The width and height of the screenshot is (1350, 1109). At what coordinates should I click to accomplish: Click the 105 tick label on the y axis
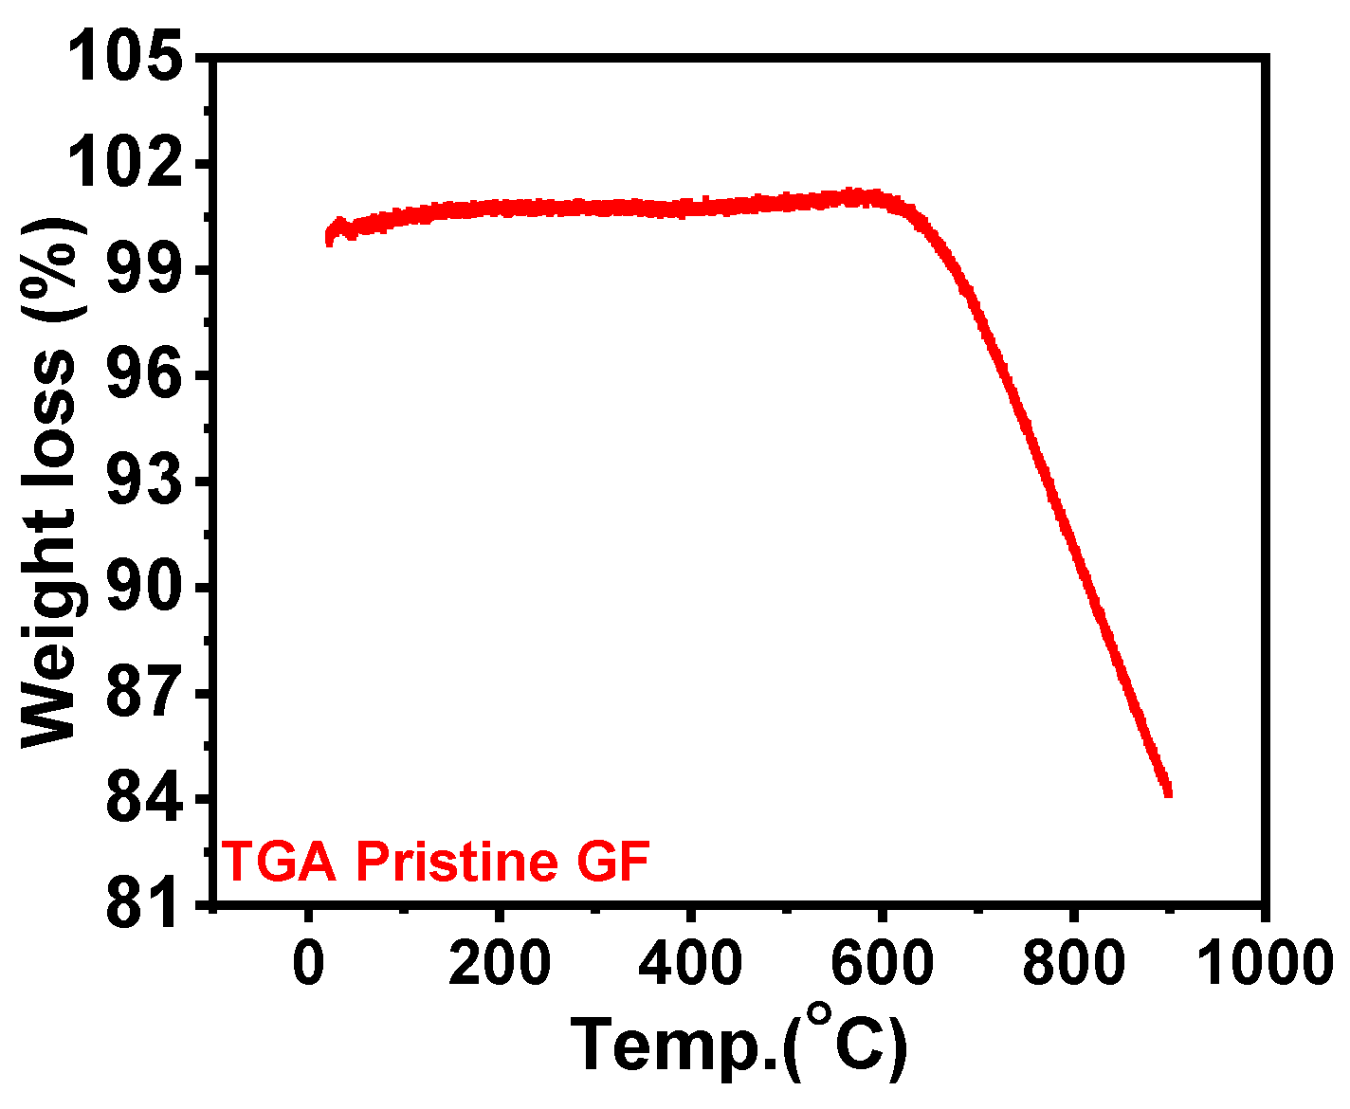pyautogui.click(x=127, y=59)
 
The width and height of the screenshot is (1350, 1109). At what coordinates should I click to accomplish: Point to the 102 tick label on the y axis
pyautogui.click(x=127, y=165)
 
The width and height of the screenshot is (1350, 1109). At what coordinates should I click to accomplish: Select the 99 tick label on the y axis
pyautogui.click(x=142, y=271)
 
